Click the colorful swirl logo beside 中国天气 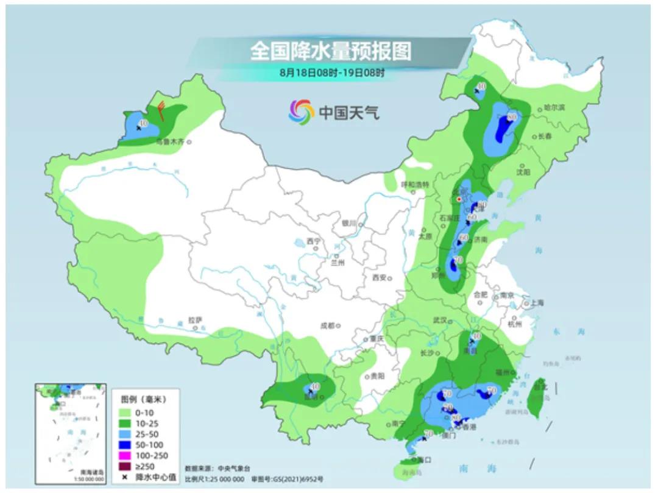(301, 111)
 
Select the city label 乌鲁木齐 (171, 141)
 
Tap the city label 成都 (327, 325)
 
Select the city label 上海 (537, 302)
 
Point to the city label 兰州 (338, 263)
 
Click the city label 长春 (547, 137)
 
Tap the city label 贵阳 (377, 377)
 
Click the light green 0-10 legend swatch (129, 413)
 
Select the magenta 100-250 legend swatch (129, 455)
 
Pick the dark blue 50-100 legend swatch (129, 445)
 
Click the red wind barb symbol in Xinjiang (161, 110)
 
